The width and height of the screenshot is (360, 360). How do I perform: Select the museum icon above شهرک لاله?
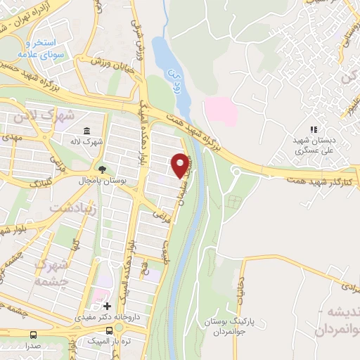pyautogui.click(x=86, y=131)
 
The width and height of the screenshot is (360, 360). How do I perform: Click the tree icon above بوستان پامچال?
pyautogui.click(x=103, y=169)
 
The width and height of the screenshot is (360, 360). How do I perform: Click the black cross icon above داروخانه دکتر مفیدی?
pyautogui.click(x=107, y=307)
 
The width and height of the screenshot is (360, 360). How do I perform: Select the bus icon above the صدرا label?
pyautogui.click(x=34, y=335)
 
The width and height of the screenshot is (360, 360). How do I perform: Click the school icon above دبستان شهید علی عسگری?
pyautogui.click(x=314, y=129)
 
